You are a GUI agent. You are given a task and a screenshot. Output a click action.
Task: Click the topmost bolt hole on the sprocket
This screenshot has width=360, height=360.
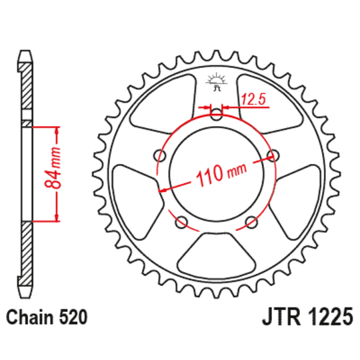point(215,115)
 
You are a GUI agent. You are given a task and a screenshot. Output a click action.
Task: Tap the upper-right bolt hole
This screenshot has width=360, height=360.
point(272,156)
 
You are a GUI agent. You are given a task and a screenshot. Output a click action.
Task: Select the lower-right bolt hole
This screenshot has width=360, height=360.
point(251,222)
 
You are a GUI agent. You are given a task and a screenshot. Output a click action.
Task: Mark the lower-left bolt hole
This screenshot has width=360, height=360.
point(181,222)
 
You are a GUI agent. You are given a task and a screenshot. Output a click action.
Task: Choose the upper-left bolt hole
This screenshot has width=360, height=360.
point(159,156)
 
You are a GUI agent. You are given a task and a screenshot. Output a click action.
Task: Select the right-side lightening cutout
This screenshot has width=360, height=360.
point(300,194)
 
